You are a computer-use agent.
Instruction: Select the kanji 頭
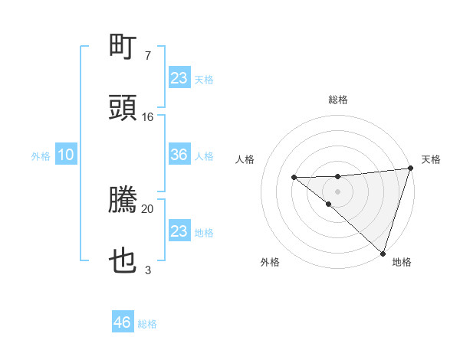[123, 108]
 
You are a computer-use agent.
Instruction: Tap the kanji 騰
[123, 201]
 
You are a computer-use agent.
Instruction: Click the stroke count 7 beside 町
[147, 56]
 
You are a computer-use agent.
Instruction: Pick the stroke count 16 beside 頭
[148, 117]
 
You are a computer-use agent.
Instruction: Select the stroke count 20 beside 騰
[148, 208]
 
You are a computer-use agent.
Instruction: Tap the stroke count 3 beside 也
[147, 270]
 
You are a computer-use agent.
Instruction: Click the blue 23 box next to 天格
[179, 78]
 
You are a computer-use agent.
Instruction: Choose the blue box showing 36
[179, 155]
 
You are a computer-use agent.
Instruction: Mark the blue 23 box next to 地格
[179, 231]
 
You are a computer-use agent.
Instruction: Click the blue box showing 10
[66, 155]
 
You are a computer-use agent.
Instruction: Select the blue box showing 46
[123, 322]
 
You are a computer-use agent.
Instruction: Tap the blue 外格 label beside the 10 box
[41, 156]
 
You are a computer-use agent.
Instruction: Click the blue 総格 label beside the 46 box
[147, 324]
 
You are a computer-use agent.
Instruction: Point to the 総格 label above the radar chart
[337, 100]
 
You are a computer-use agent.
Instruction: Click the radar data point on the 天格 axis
[410, 169]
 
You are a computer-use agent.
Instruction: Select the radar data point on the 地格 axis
[383, 253]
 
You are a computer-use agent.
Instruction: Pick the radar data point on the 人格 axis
[294, 178]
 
